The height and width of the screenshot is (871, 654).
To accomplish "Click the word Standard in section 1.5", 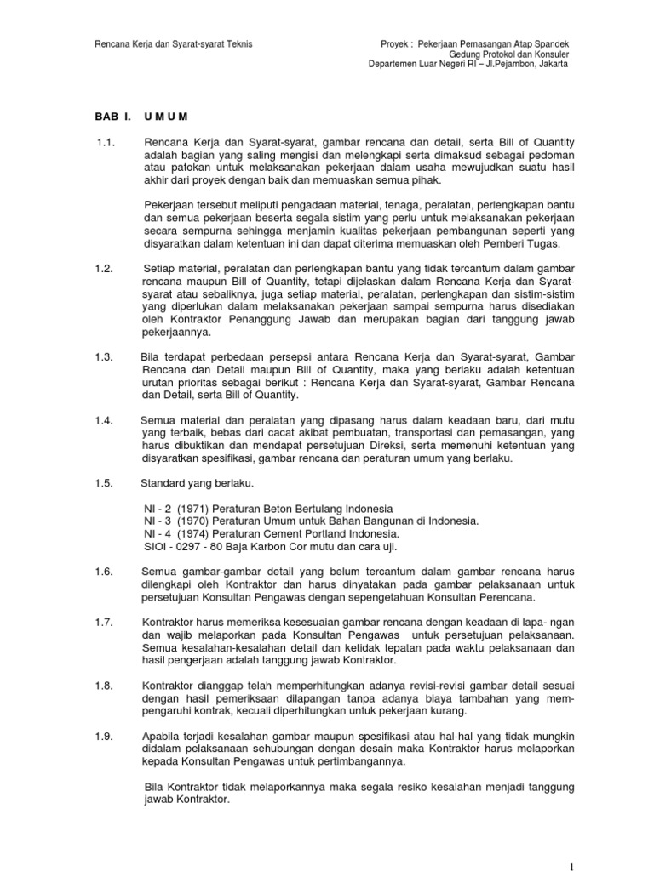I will [x=163, y=484].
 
